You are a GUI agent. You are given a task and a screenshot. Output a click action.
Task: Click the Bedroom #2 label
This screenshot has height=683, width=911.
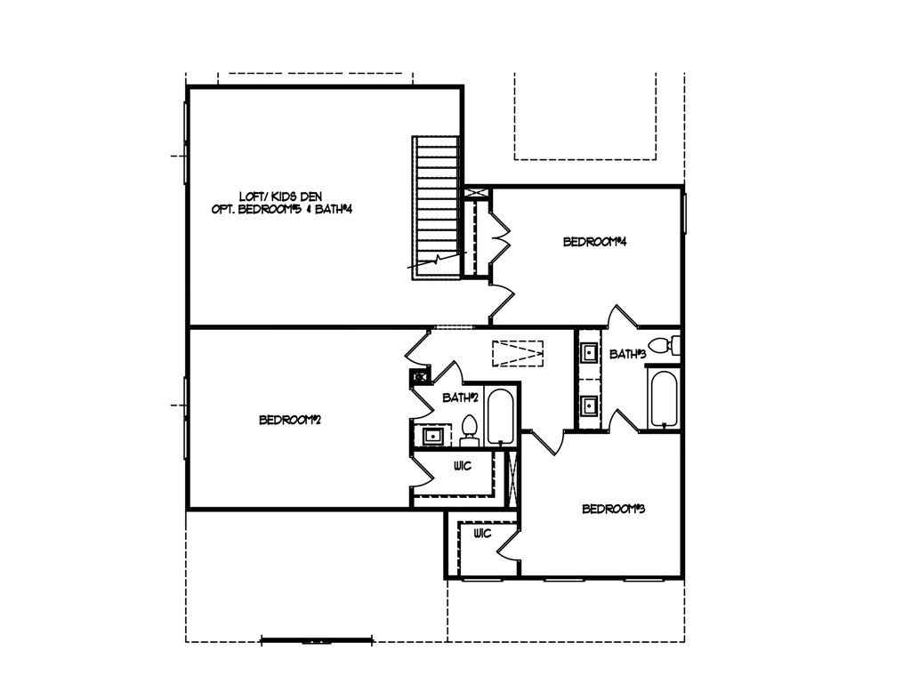click(x=289, y=420)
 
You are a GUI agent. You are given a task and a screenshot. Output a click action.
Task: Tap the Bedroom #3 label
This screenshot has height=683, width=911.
click(x=613, y=510)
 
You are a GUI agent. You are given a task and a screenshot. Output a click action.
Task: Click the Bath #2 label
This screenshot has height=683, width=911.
click(x=462, y=398)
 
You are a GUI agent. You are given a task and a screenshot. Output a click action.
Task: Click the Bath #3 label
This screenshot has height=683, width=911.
click(x=628, y=354)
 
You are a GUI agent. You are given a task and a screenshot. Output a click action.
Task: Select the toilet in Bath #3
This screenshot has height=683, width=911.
click(x=664, y=345)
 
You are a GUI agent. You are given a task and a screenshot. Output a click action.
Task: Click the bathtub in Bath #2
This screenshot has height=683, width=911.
click(x=500, y=416)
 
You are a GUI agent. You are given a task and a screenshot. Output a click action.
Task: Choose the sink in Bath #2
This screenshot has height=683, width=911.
click(x=434, y=436)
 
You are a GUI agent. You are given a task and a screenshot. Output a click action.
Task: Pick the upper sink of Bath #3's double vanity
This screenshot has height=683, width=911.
click(x=589, y=353)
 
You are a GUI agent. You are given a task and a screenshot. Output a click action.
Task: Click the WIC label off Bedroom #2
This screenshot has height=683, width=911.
click(x=462, y=466)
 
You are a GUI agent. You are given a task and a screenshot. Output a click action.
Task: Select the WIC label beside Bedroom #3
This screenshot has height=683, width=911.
click(x=482, y=534)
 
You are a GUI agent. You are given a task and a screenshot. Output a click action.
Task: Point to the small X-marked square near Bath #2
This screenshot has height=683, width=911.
click(x=415, y=376)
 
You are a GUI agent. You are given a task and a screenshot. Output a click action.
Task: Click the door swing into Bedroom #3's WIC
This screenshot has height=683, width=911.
click(x=508, y=543)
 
